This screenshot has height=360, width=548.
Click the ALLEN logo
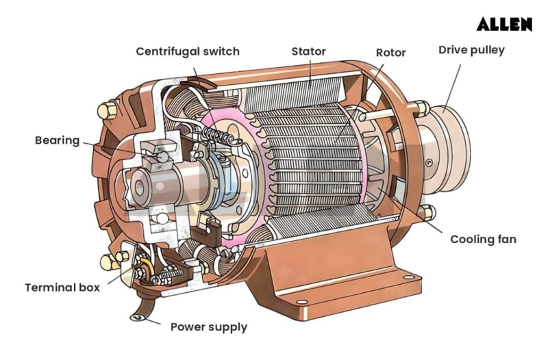coord(504,25)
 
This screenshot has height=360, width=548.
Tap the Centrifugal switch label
coord(188,52)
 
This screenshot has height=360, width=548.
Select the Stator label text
coord(308,51)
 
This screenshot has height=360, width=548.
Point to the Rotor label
coord(390,53)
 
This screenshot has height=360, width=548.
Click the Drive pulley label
coord(471,50)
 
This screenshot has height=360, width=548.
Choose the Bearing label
coord(58,140)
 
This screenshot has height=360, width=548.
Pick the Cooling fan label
coord(483,240)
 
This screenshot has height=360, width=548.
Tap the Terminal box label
coord(62,287)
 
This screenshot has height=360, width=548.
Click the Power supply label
coord(208,326)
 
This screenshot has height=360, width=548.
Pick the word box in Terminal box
coord(89,287)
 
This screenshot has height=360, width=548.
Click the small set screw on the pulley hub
coord(428,163)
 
